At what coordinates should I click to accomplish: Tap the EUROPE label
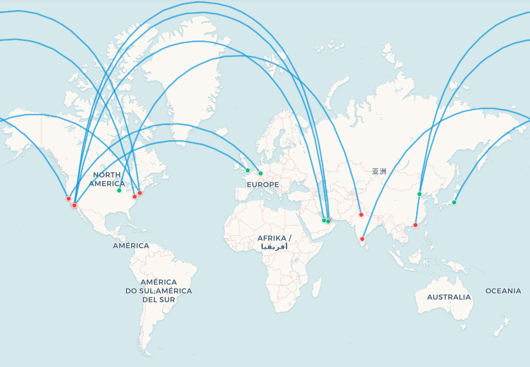tap(262, 185)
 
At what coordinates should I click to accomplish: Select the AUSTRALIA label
tap(448, 297)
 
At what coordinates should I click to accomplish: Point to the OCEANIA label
tap(503, 291)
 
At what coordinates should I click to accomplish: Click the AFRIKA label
tap(274, 238)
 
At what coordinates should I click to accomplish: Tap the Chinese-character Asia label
tap(379, 171)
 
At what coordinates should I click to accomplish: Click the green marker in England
tap(248, 170)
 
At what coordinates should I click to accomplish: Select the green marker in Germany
tap(261, 173)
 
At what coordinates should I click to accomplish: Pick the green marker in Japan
tap(454, 202)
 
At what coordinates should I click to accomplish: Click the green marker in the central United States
tap(119, 190)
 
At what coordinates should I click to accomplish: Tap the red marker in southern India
tap(362, 239)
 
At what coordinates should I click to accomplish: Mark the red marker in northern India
tap(361, 215)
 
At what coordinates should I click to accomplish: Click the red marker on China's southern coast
tap(415, 225)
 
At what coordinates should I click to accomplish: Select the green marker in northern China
tap(420, 194)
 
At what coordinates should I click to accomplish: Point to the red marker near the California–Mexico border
tap(74, 205)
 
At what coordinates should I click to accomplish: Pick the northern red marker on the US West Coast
tap(69, 199)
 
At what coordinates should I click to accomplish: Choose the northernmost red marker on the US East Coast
tap(140, 193)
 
